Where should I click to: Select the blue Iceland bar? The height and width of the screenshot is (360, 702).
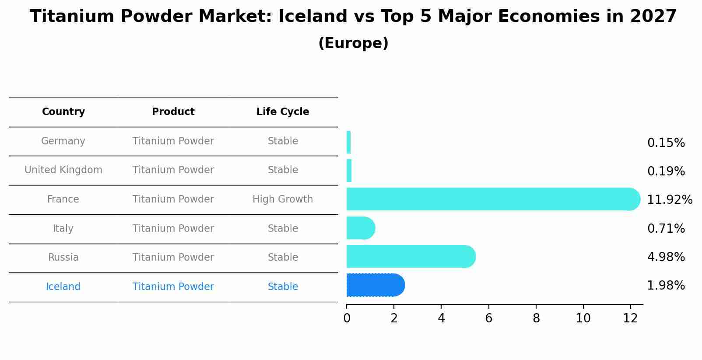pos(374,285)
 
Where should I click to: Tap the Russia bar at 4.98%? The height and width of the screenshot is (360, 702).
pos(409,256)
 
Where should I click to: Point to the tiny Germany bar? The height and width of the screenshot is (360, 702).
pos(348,143)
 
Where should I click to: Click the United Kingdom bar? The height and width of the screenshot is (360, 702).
pos(349,171)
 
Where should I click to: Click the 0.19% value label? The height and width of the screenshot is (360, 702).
pos(666,171)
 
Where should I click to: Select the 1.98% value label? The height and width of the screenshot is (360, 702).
pos(666,286)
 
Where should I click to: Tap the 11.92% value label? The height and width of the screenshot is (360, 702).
pos(669,200)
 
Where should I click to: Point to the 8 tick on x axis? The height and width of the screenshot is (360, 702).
pos(536,318)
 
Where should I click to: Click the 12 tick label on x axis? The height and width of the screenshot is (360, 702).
pos(630,318)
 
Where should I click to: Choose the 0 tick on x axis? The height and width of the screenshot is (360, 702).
pos(347,318)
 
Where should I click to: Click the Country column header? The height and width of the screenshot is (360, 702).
pos(63,112)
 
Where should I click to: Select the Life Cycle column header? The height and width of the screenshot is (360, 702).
pos(283,112)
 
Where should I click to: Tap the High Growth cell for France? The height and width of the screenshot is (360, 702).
pos(283,199)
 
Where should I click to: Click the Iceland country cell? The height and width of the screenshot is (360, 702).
pos(63,287)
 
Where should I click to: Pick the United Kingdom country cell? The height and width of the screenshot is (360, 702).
pos(63,170)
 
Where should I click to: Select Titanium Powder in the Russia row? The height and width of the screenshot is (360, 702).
pos(173,258)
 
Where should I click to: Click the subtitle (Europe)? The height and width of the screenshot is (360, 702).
pos(353,43)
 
